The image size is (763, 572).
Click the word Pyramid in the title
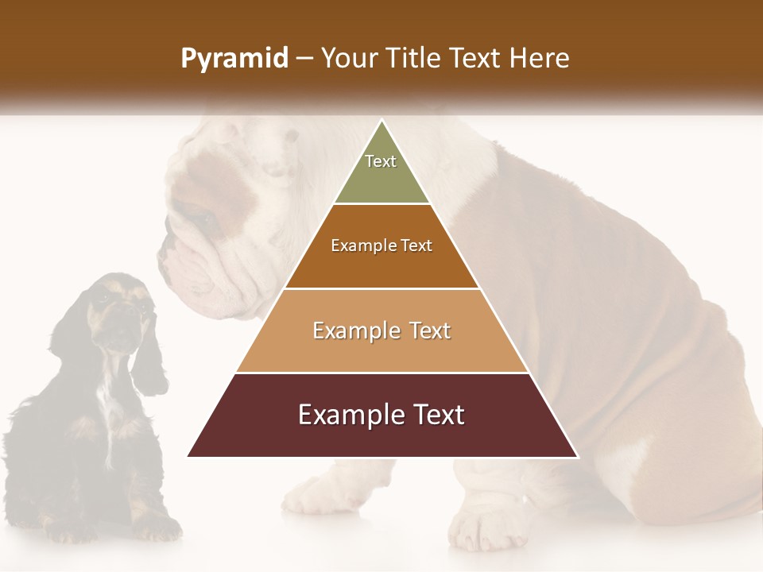pos(234,59)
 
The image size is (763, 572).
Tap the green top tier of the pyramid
pos(381,179)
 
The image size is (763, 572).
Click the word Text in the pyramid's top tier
pos(381,161)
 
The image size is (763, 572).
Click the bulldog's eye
pos(203,215)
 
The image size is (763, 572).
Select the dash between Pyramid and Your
pos(304,59)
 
